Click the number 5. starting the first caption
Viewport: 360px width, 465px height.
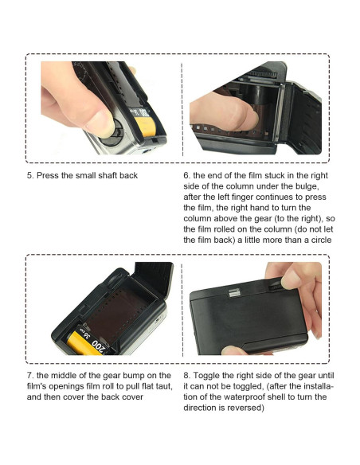click(x=30, y=175)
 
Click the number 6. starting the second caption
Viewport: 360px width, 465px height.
click(x=187, y=175)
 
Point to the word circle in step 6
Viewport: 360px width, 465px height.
click(x=321, y=240)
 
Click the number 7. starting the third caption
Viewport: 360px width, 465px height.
click(x=30, y=376)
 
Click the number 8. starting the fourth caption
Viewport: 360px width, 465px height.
click(x=187, y=376)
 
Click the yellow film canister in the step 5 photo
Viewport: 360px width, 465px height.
click(x=145, y=126)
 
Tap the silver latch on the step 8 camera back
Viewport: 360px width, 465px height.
click(x=235, y=293)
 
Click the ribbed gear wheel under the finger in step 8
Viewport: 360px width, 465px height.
click(x=275, y=286)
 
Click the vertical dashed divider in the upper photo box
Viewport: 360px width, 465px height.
click(x=182, y=109)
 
